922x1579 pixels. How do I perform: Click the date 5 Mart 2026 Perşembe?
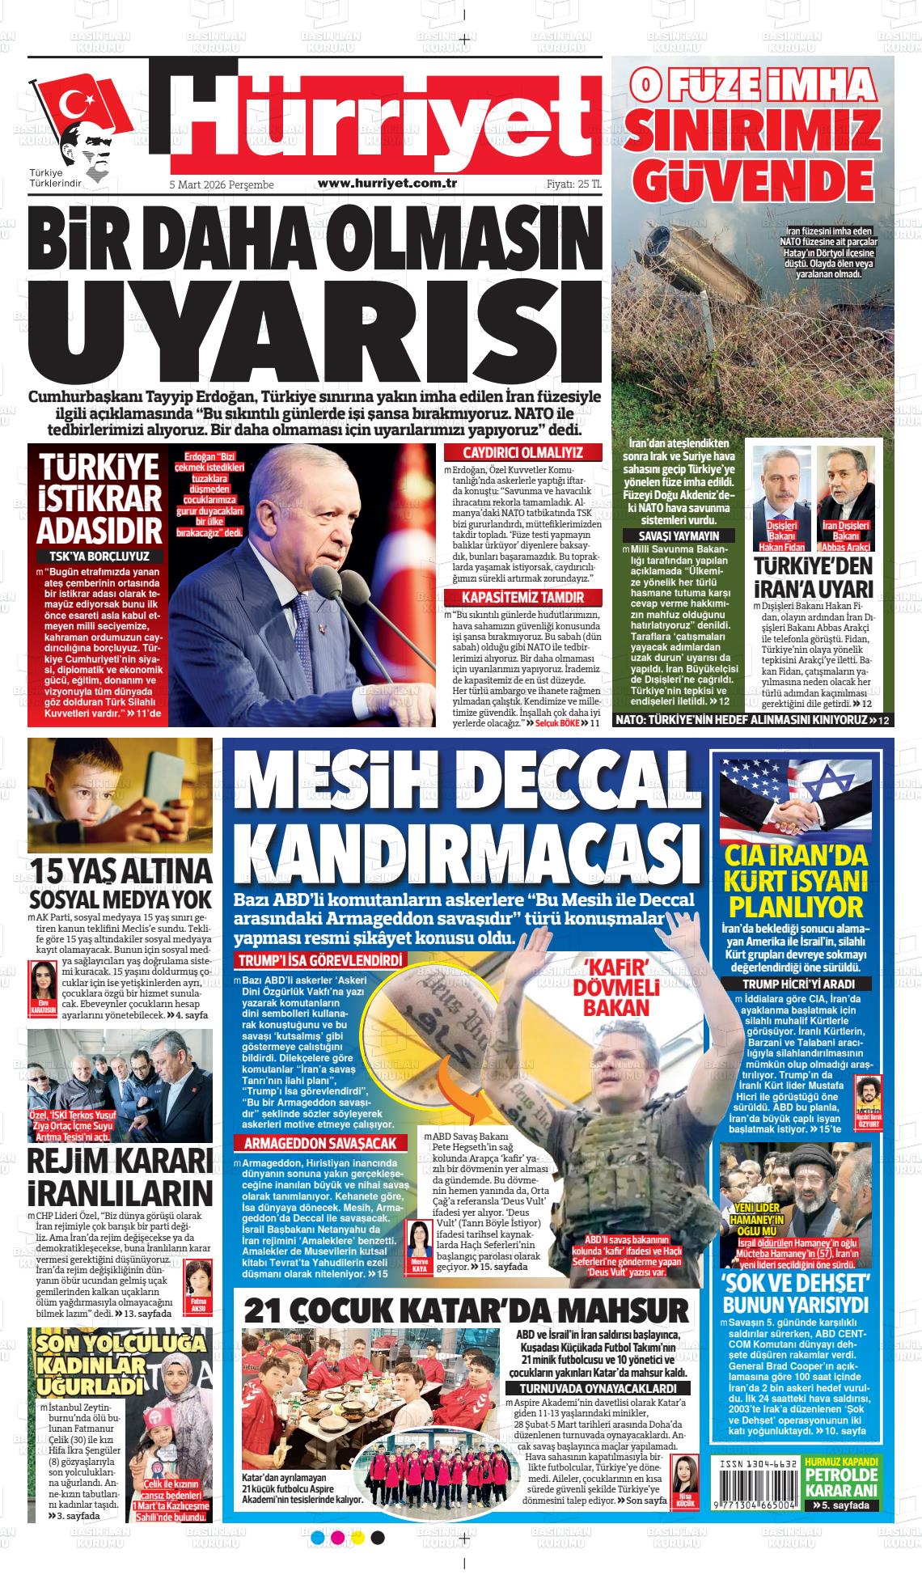tap(220, 185)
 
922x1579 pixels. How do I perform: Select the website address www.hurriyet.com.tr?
tap(388, 184)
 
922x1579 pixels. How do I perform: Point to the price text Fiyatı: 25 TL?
tap(574, 184)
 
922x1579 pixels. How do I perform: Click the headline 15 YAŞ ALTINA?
tap(121, 871)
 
